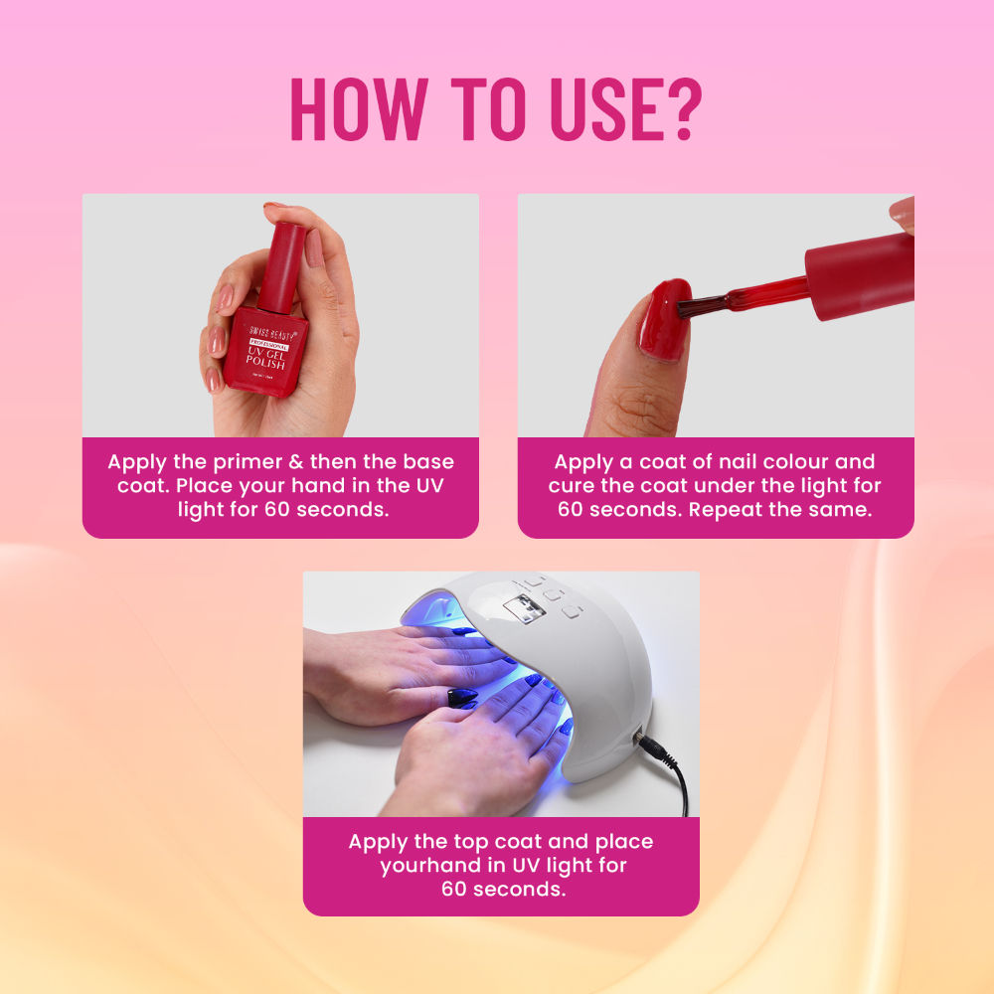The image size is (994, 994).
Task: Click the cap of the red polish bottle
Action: [x=283, y=266]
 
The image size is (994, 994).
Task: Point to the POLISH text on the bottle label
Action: [x=267, y=364]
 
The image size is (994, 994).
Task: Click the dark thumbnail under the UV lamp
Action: [x=462, y=697]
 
